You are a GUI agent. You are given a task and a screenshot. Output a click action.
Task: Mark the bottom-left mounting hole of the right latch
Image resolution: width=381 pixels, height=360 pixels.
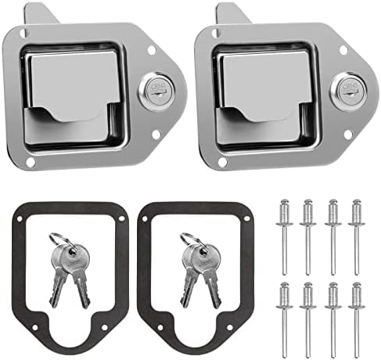(222, 163)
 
